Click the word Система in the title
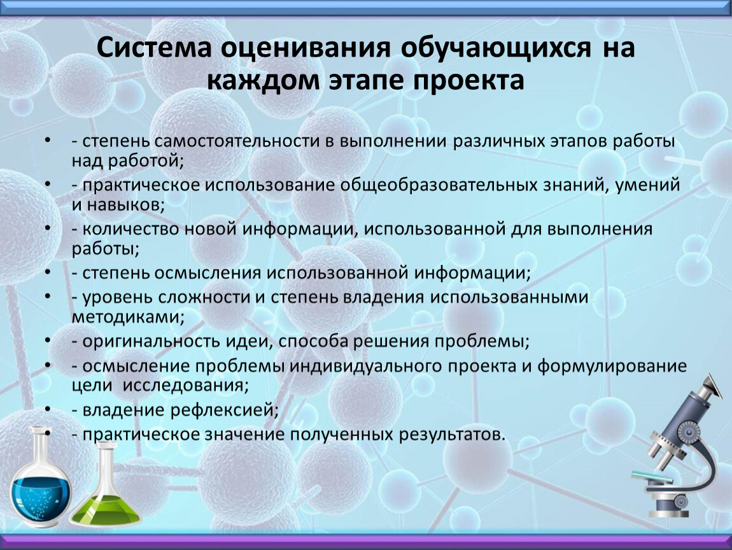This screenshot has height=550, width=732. pos(154,48)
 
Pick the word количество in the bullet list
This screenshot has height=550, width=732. pos(130,229)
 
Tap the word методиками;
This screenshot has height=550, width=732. pos(129,316)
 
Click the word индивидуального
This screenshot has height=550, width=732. pos(365,366)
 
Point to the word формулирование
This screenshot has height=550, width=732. pos(612,366)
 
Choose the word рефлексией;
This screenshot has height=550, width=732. pos(224,409)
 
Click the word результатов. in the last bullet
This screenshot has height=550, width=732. pos(452,435)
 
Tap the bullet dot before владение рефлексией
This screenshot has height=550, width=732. pos(48,409)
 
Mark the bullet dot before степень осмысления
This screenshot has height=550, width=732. pos(48,272)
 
